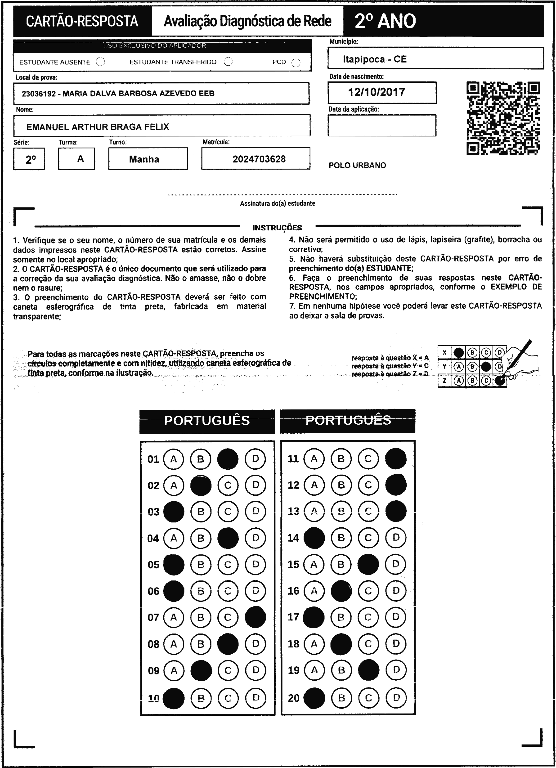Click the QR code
coord(503,118)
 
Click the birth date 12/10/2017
coord(377,92)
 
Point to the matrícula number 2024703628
coord(259,159)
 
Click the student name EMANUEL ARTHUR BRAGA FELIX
coord(98,127)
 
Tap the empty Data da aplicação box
coord(382,126)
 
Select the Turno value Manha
coord(144,159)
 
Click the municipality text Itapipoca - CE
coord(375,59)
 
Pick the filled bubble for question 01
coord(228,459)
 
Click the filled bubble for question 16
coord(341,591)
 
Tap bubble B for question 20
coord(341,698)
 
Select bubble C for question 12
coord(368,485)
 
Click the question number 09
coord(153,670)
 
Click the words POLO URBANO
coord(357,166)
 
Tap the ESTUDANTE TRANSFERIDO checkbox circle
coord(228,62)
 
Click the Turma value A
coord(80,158)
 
